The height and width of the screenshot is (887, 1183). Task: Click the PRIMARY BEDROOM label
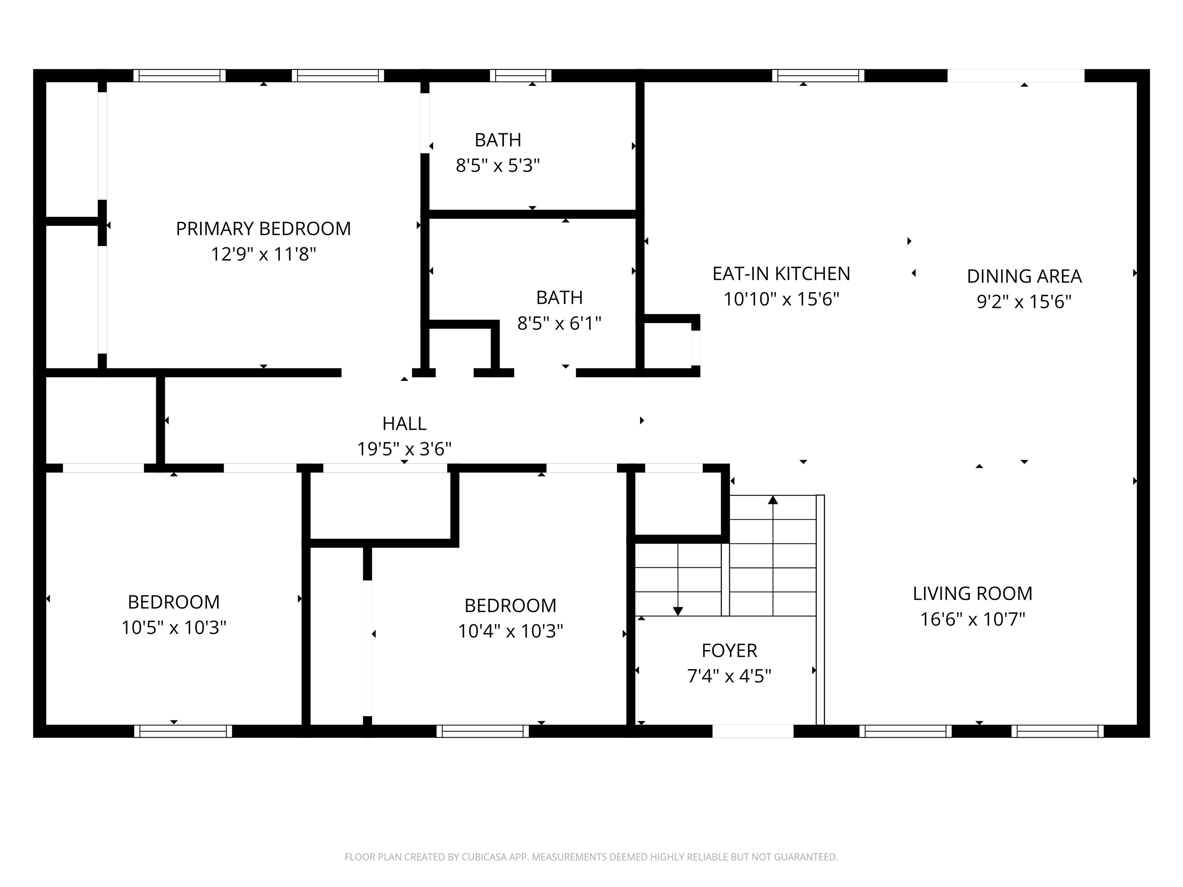click(263, 229)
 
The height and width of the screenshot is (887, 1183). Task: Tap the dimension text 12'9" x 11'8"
click(263, 254)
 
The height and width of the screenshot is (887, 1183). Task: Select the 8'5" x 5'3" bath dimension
click(498, 166)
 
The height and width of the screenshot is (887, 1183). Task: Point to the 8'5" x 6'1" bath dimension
click(559, 323)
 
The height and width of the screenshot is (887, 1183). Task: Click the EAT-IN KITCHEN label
click(781, 274)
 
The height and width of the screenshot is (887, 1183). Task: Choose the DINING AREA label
click(1024, 276)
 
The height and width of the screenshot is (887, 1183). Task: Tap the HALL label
click(404, 423)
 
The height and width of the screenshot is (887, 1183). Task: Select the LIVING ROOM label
click(972, 594)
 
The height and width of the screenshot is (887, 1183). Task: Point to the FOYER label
click(729, 651)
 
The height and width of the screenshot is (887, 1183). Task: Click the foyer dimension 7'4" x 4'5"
click(729, 676)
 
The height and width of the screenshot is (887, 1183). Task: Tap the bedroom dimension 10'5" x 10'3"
click(173, 628)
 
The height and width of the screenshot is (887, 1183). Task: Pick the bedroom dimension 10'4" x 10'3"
click(510, 631)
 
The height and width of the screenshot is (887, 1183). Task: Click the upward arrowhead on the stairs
click(773, 500)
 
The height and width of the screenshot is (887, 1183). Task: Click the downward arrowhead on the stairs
click(678, 611)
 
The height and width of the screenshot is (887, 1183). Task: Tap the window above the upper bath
click(520, 75)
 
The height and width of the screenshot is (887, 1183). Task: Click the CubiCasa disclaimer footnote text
click(591, 857)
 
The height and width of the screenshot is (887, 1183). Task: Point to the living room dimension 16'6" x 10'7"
click(972, 619)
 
